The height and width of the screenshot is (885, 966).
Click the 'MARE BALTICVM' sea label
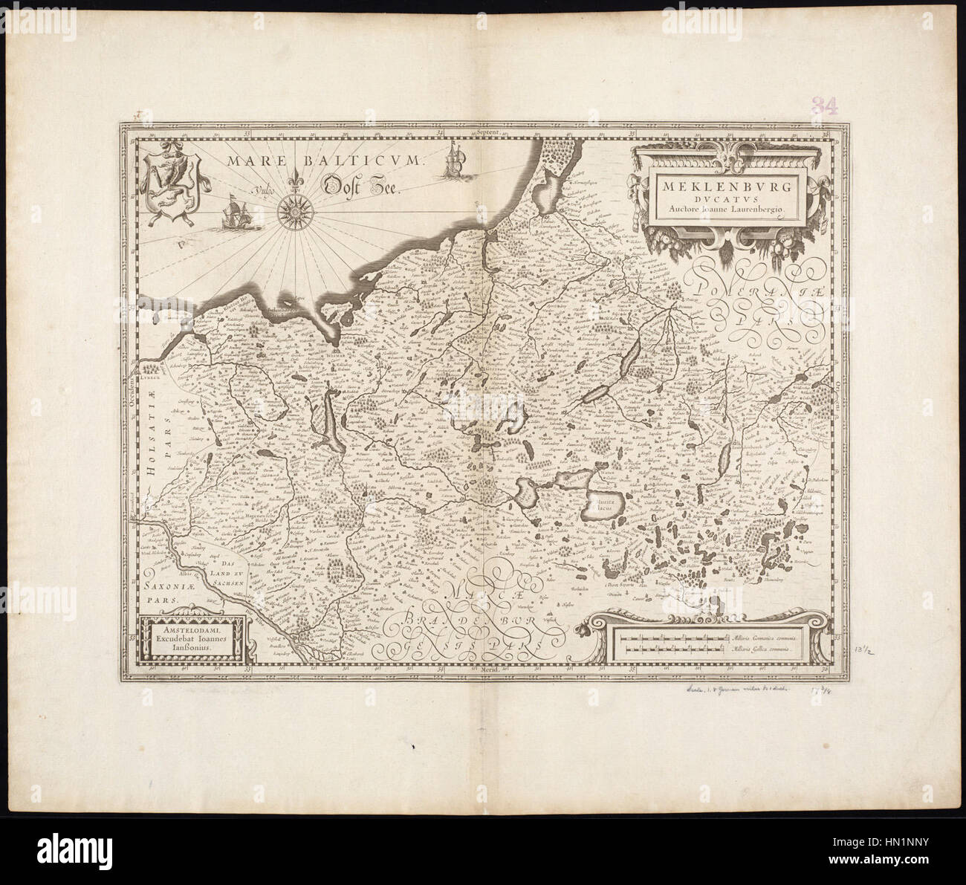coord(325,159)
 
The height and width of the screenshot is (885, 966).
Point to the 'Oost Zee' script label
coord(360,186)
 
